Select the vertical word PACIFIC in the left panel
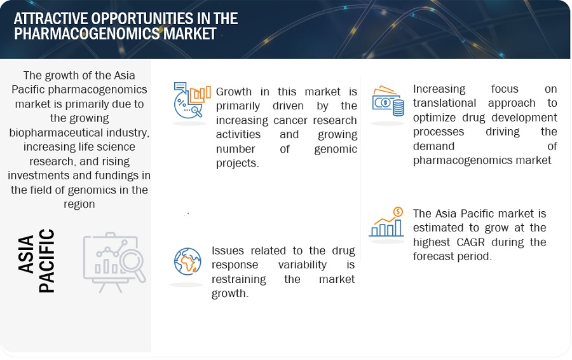pos(46,261)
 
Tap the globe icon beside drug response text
pos(187,262)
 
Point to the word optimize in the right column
pos(435,118)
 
